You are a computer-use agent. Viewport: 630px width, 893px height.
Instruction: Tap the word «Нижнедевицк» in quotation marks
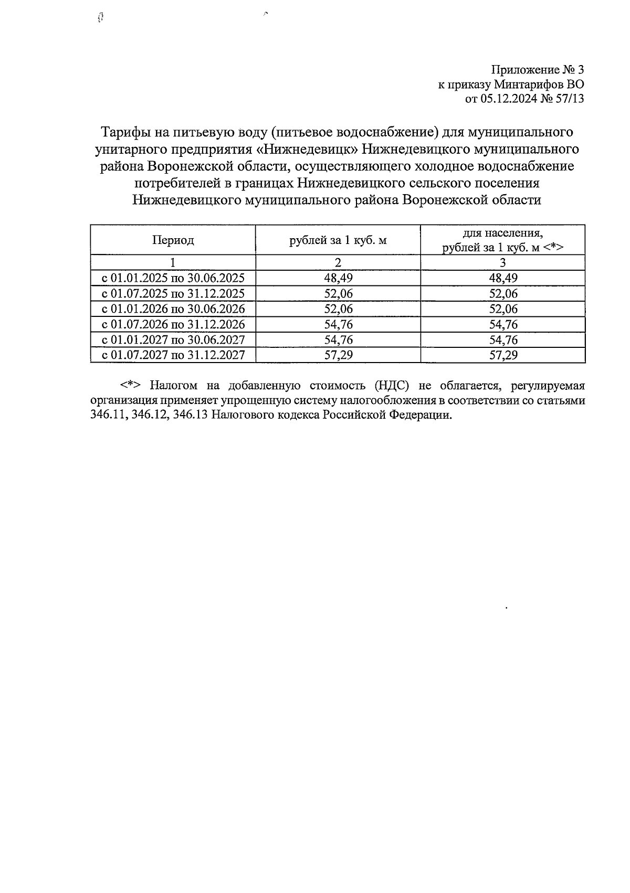(307, 149)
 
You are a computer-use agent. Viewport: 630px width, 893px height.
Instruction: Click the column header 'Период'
(173, 240)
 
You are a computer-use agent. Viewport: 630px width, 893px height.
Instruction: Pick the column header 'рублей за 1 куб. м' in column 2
(338, 240)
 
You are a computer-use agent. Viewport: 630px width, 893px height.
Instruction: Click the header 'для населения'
(503, 233)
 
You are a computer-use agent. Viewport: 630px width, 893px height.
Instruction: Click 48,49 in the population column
(503, 278)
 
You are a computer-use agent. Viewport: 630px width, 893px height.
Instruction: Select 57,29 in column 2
(338, 355)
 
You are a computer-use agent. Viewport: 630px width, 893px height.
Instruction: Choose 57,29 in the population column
(503, 355)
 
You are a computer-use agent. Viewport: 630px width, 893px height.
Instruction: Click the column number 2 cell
(338, 263)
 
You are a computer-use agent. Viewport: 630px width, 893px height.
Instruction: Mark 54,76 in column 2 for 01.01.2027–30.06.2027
(338, 340)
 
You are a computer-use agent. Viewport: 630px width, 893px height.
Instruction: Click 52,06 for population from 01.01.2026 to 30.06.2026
(503, 309)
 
